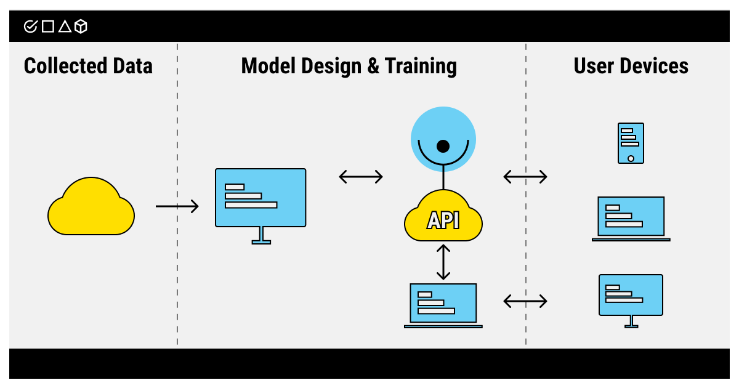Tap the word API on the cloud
443,220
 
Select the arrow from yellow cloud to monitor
177,206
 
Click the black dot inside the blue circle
443,147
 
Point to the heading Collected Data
88,66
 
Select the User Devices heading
631,66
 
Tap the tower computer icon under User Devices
631,143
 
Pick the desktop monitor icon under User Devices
631,299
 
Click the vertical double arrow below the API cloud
443,261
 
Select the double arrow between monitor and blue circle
361,177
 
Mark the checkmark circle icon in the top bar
30,26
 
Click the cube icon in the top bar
81,26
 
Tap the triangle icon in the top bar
65,26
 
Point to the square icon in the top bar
48,26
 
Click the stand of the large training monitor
261,235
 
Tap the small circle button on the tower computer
631,158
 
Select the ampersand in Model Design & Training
373,66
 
